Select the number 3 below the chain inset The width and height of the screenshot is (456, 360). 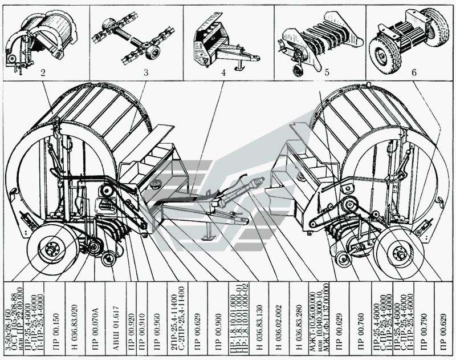(146, 72)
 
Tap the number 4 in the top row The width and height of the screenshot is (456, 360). (223, 72)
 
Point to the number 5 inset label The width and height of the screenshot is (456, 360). (327, 72)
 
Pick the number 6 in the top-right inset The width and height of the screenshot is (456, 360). (414, 72)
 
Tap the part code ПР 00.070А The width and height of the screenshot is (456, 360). (96, 320)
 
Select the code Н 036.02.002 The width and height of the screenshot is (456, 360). (279, 320)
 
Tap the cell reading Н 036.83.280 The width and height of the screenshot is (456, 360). (298, 320)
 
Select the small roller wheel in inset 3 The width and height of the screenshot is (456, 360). (153, 52)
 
